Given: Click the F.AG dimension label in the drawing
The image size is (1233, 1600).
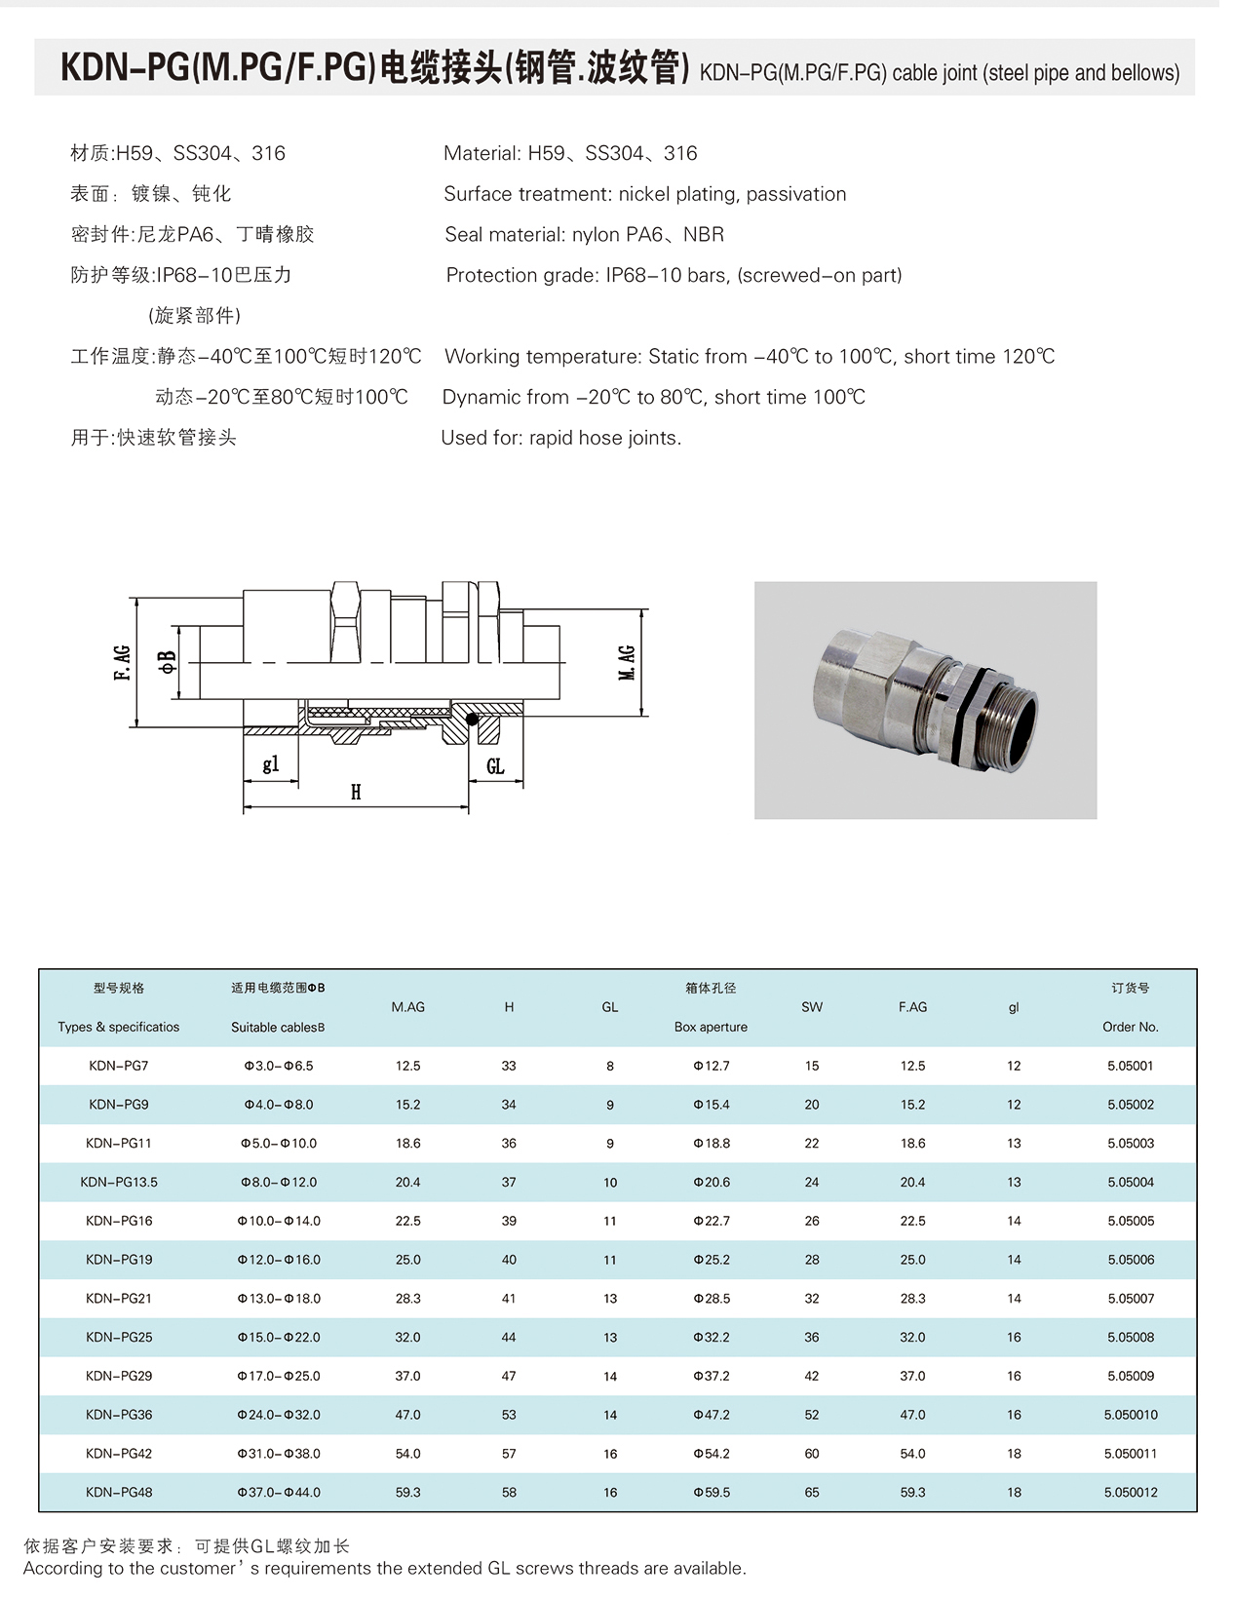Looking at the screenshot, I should tap(122, 662).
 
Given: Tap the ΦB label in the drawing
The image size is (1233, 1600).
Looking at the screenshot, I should tap(167, 662).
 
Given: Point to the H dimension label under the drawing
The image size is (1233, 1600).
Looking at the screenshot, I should tap(356, 793).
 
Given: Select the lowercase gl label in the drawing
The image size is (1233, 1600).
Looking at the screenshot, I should tap(270, 764).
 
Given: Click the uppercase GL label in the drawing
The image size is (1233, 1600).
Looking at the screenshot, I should tap(495, 766).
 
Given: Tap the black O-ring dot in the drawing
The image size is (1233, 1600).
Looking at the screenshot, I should tap(472, 720).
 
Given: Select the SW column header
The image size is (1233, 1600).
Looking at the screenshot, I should tap(812, 1007).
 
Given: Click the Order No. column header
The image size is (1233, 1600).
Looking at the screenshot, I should tap(1131, 1027).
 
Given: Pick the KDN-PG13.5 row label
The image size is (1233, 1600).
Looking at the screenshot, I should tap(119, 1182).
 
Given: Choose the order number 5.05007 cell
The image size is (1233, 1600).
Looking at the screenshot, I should tap(1131, 1299).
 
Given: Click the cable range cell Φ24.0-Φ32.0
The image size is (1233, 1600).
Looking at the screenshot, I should tap(279, 1415).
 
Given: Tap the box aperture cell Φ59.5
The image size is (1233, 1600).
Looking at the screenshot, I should tap(712, 1492).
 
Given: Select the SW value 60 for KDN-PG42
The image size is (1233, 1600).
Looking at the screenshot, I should tap(812, 1454).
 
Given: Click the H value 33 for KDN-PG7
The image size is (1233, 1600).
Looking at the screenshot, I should tap(509, 1066).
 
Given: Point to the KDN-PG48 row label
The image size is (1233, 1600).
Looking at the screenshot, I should tap(119, 1492).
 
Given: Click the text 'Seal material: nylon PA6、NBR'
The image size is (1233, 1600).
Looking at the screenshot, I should tap(584, 235).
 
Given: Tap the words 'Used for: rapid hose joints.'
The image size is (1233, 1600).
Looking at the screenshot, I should tap(560, 438).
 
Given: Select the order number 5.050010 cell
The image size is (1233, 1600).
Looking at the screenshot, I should tap(1131, 1415).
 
